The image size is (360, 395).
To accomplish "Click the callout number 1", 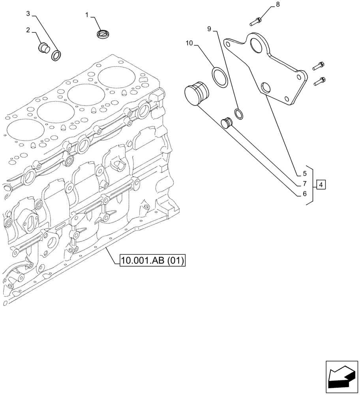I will pos(87,15).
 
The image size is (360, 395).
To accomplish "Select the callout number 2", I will pos(28,30).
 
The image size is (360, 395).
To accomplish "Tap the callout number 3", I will pos(28,14).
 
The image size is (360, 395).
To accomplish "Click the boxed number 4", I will pos(321,184).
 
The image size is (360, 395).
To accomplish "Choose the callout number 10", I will pos(189,43).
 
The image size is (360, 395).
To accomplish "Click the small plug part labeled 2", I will pos(43,48).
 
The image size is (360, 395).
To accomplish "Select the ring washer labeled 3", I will pos(56,56).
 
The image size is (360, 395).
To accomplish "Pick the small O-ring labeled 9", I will pos(239,114).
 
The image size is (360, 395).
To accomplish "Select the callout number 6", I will pos(304,194).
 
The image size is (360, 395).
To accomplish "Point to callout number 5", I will pos(304,173).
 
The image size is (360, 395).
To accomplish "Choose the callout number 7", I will pos(304,184).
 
